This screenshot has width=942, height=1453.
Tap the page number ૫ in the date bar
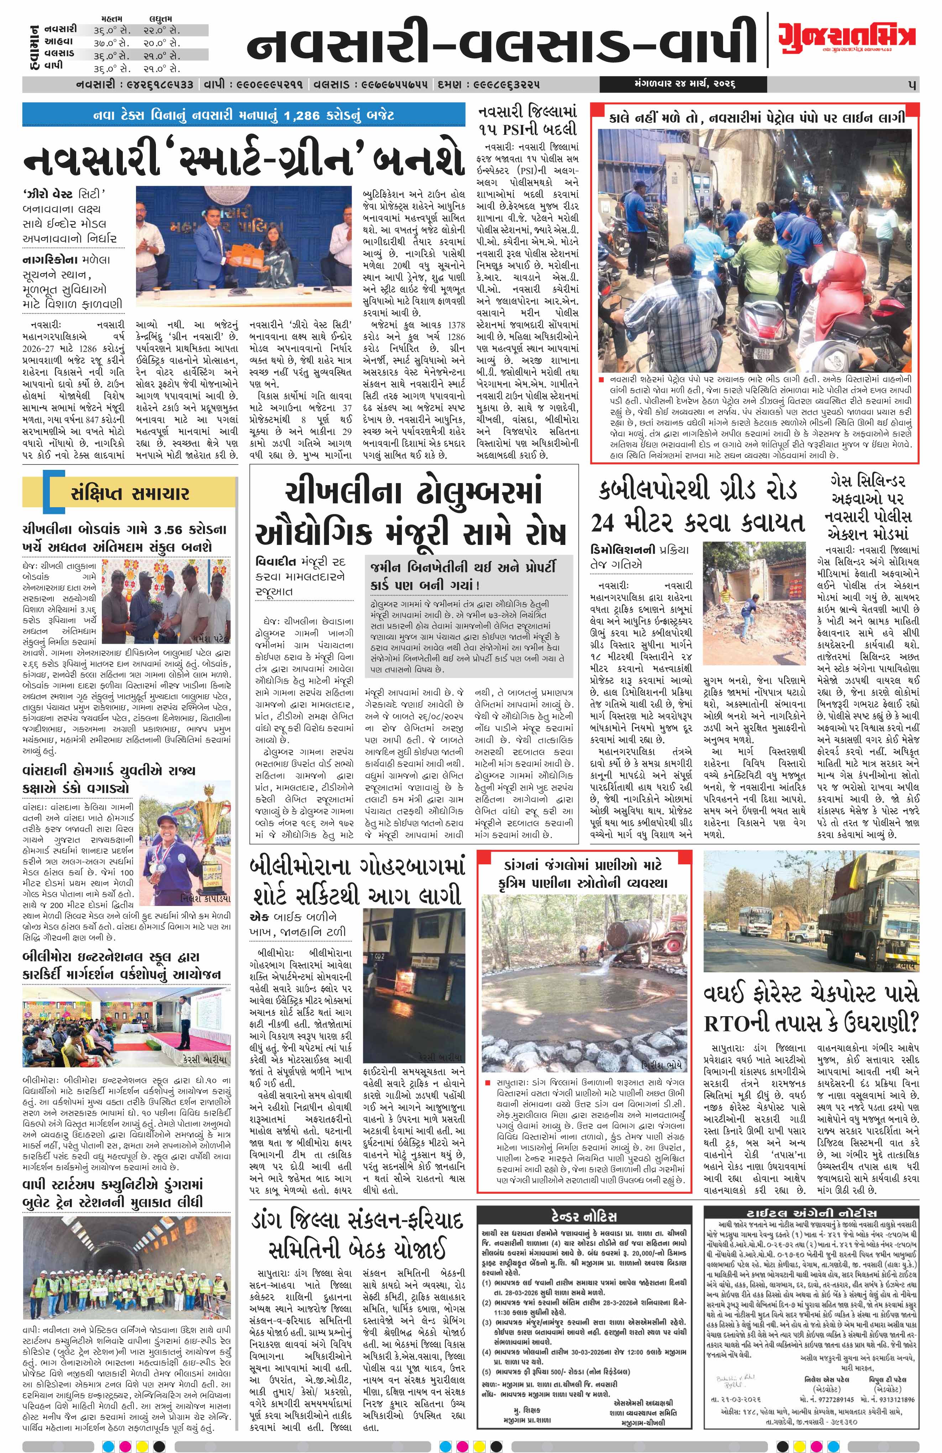pos(911,84)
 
